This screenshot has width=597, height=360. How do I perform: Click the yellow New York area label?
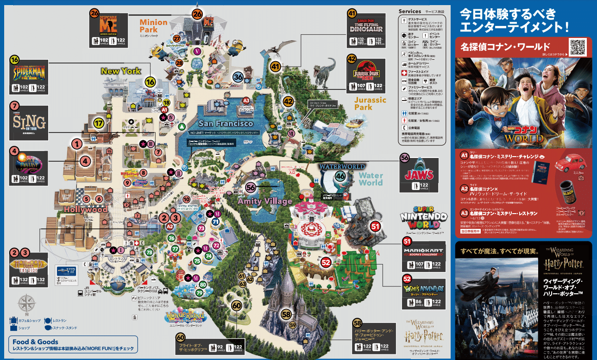(121, 71)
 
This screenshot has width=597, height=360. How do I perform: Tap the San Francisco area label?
(226, 124)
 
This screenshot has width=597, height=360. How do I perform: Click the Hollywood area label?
(86, 209)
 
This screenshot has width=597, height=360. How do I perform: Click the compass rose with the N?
(26, 306)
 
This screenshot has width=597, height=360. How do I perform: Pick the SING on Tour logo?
(29, 122)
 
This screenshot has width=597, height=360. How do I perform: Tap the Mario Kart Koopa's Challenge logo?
(424, 252)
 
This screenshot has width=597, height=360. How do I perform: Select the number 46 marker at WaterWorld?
(341, 176)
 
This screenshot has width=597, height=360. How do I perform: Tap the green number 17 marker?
(100, 123)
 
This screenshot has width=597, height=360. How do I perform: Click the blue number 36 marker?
(239, 77)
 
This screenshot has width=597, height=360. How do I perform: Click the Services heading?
(409, 11)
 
